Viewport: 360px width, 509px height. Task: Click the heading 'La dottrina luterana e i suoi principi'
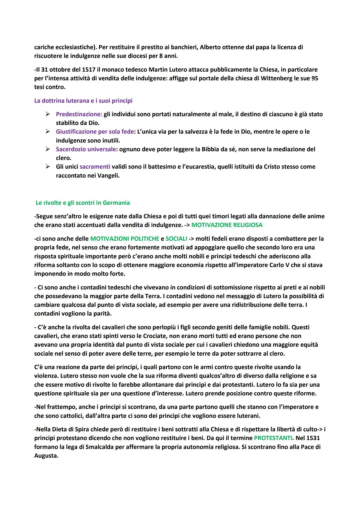(83, 101)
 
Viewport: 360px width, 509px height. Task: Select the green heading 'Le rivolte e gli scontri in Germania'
(83, 203)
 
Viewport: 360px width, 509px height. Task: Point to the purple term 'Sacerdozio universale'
(86, 149)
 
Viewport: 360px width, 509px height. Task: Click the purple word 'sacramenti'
(95, 166)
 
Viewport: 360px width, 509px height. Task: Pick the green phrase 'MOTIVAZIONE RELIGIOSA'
(227, 225)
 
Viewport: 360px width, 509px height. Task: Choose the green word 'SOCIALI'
(176, 239)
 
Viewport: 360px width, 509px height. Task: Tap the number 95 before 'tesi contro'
(314, 78)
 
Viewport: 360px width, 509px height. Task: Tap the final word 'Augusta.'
(46, 455)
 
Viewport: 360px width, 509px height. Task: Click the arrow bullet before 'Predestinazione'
(48, 114)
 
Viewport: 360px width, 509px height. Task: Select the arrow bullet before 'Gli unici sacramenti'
(48, 166)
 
